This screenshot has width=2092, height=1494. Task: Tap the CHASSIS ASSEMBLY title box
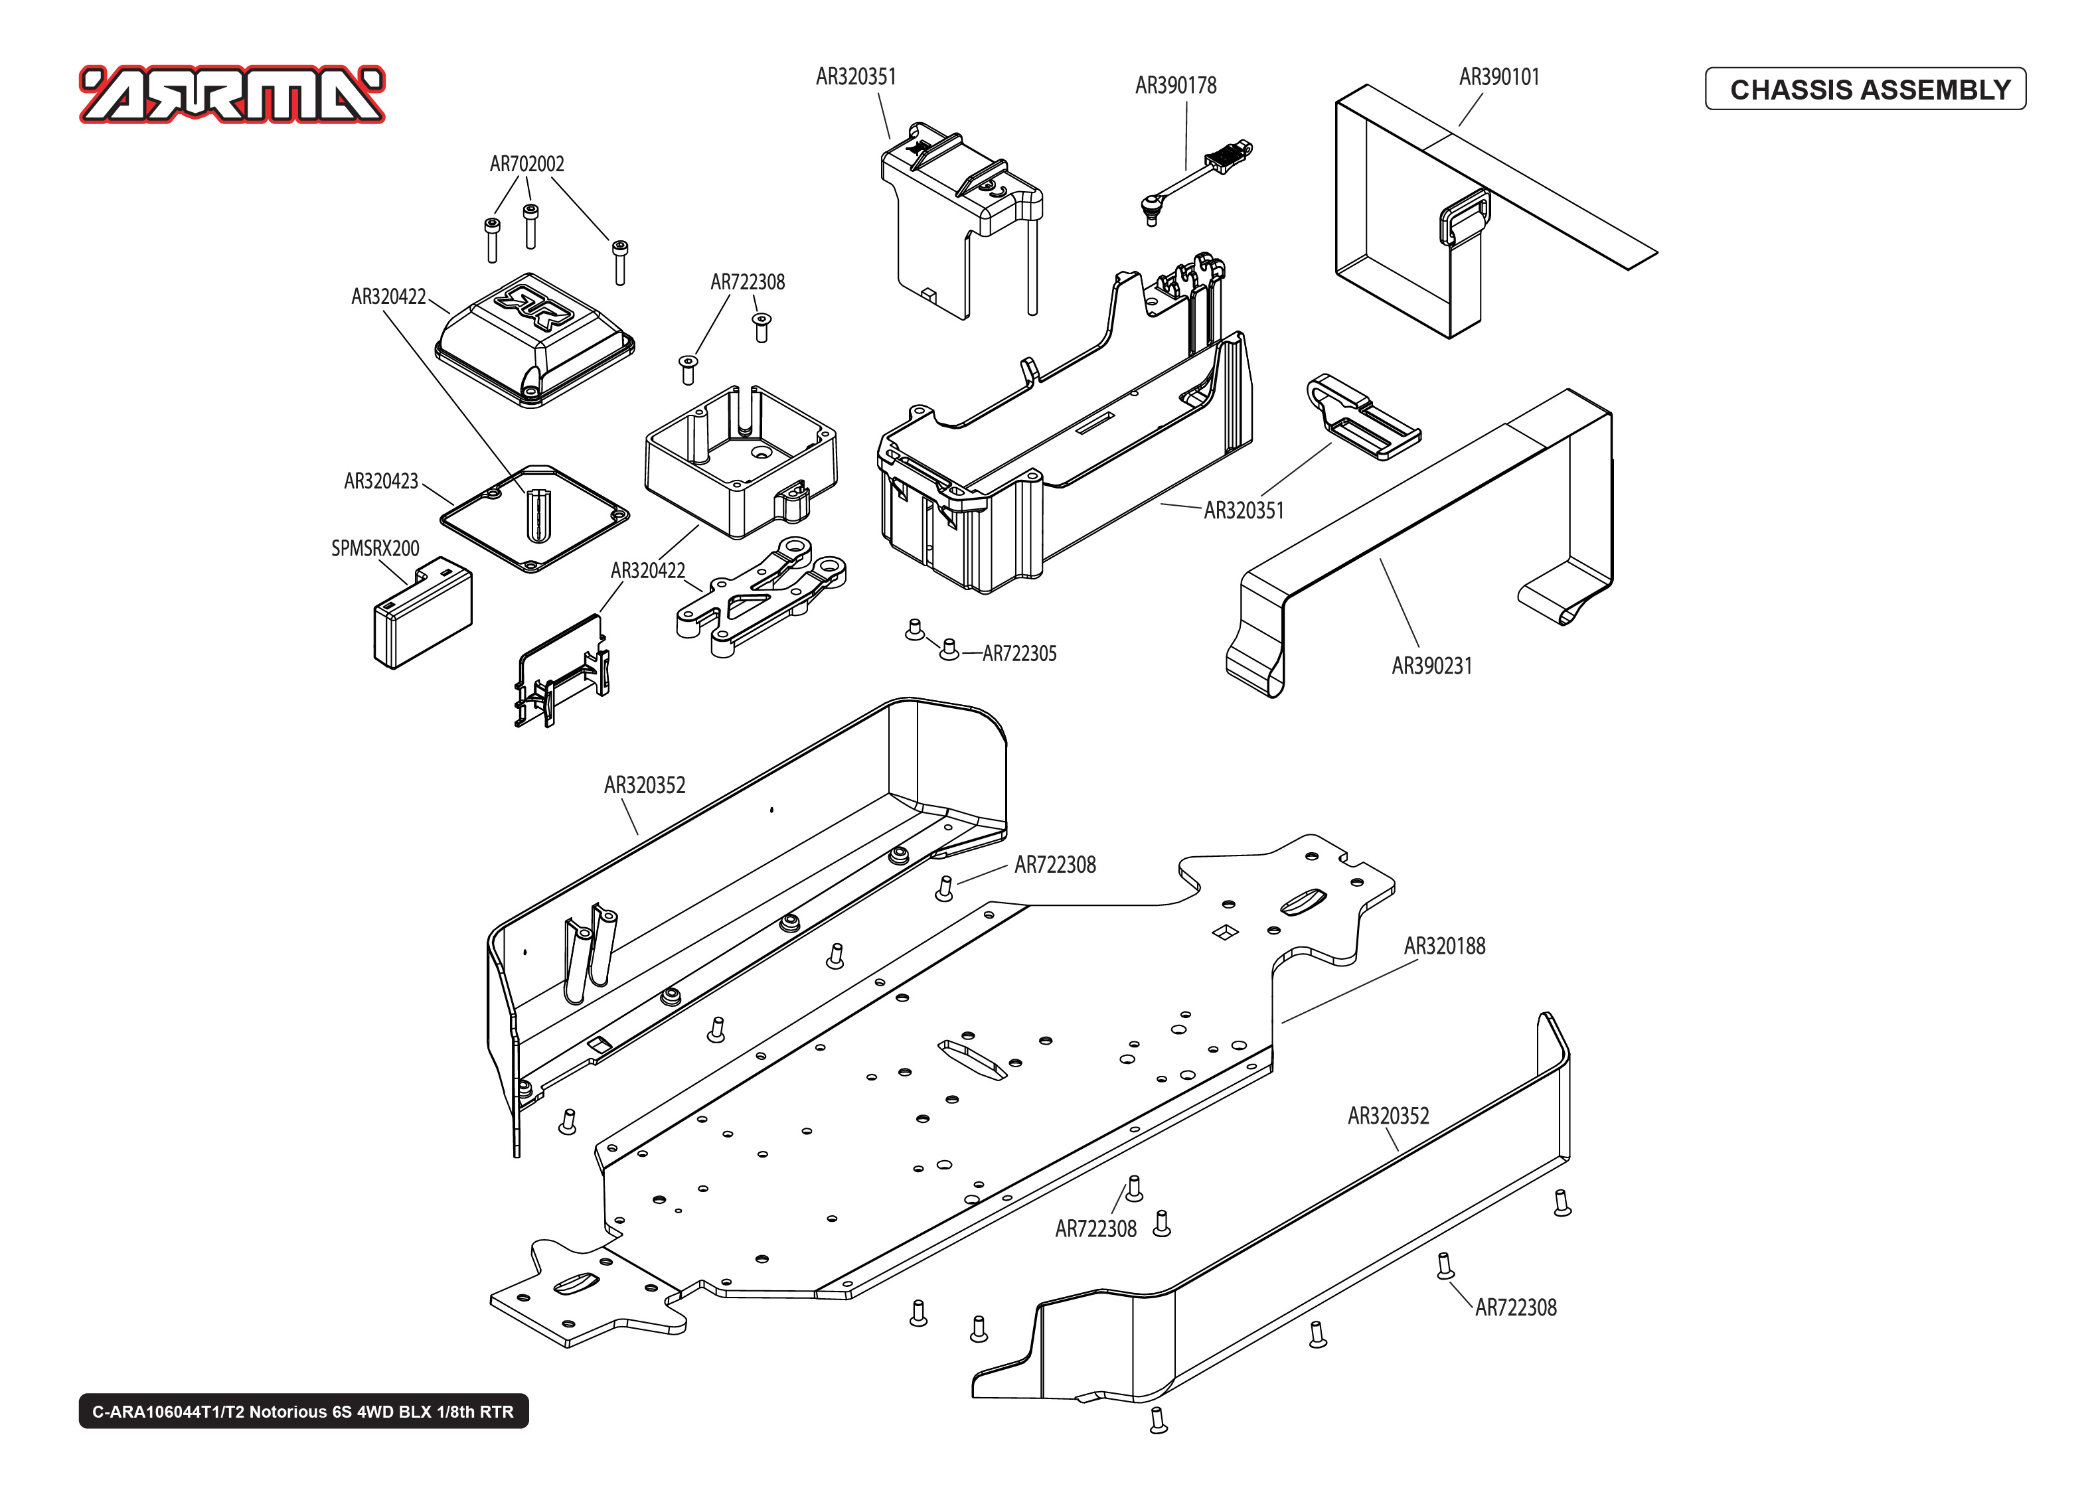1865,89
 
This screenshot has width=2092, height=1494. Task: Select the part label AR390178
1176,86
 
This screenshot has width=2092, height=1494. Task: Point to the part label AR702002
526,164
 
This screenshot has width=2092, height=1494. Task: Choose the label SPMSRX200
374,548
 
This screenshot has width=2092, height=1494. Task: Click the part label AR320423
381,481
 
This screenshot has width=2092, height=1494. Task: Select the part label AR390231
1431,666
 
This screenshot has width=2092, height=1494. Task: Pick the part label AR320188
1444,946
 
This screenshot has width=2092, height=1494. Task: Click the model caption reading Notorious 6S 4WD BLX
303,1411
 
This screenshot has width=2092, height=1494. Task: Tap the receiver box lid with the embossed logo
534,338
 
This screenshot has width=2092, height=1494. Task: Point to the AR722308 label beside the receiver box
747,283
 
